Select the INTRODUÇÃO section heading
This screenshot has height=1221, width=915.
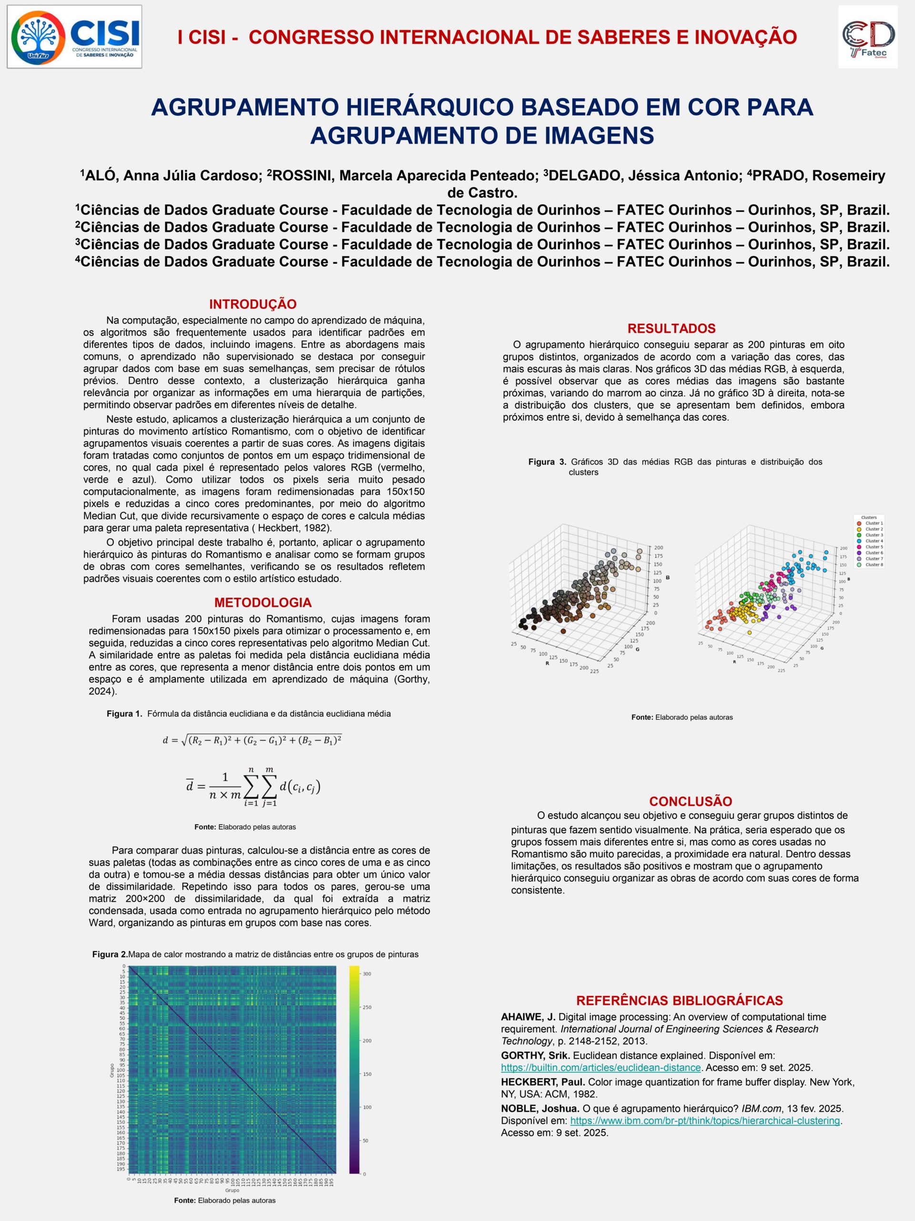pyautogui.click(x=253, y=304)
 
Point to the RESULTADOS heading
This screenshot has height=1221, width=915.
pyautogui.click(x=671, y=329)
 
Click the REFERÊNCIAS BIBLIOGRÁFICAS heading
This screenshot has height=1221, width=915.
pyautogui.click(x=680, y=1000)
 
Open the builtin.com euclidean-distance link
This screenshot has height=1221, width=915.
pyautogui.click(x=600, y=1067)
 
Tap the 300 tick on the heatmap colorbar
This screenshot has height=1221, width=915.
pyautogui.click(x=366, y=974)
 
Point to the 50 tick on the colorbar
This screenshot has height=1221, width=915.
pyautogui.click(x=365, y=1140)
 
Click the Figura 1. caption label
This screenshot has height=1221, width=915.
pyautogui.click(x=124, y=714)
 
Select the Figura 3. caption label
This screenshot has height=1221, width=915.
pyautogui.click(x=547, y=462)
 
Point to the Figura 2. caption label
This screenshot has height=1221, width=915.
pyautogui.click(x=110, y=954)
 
